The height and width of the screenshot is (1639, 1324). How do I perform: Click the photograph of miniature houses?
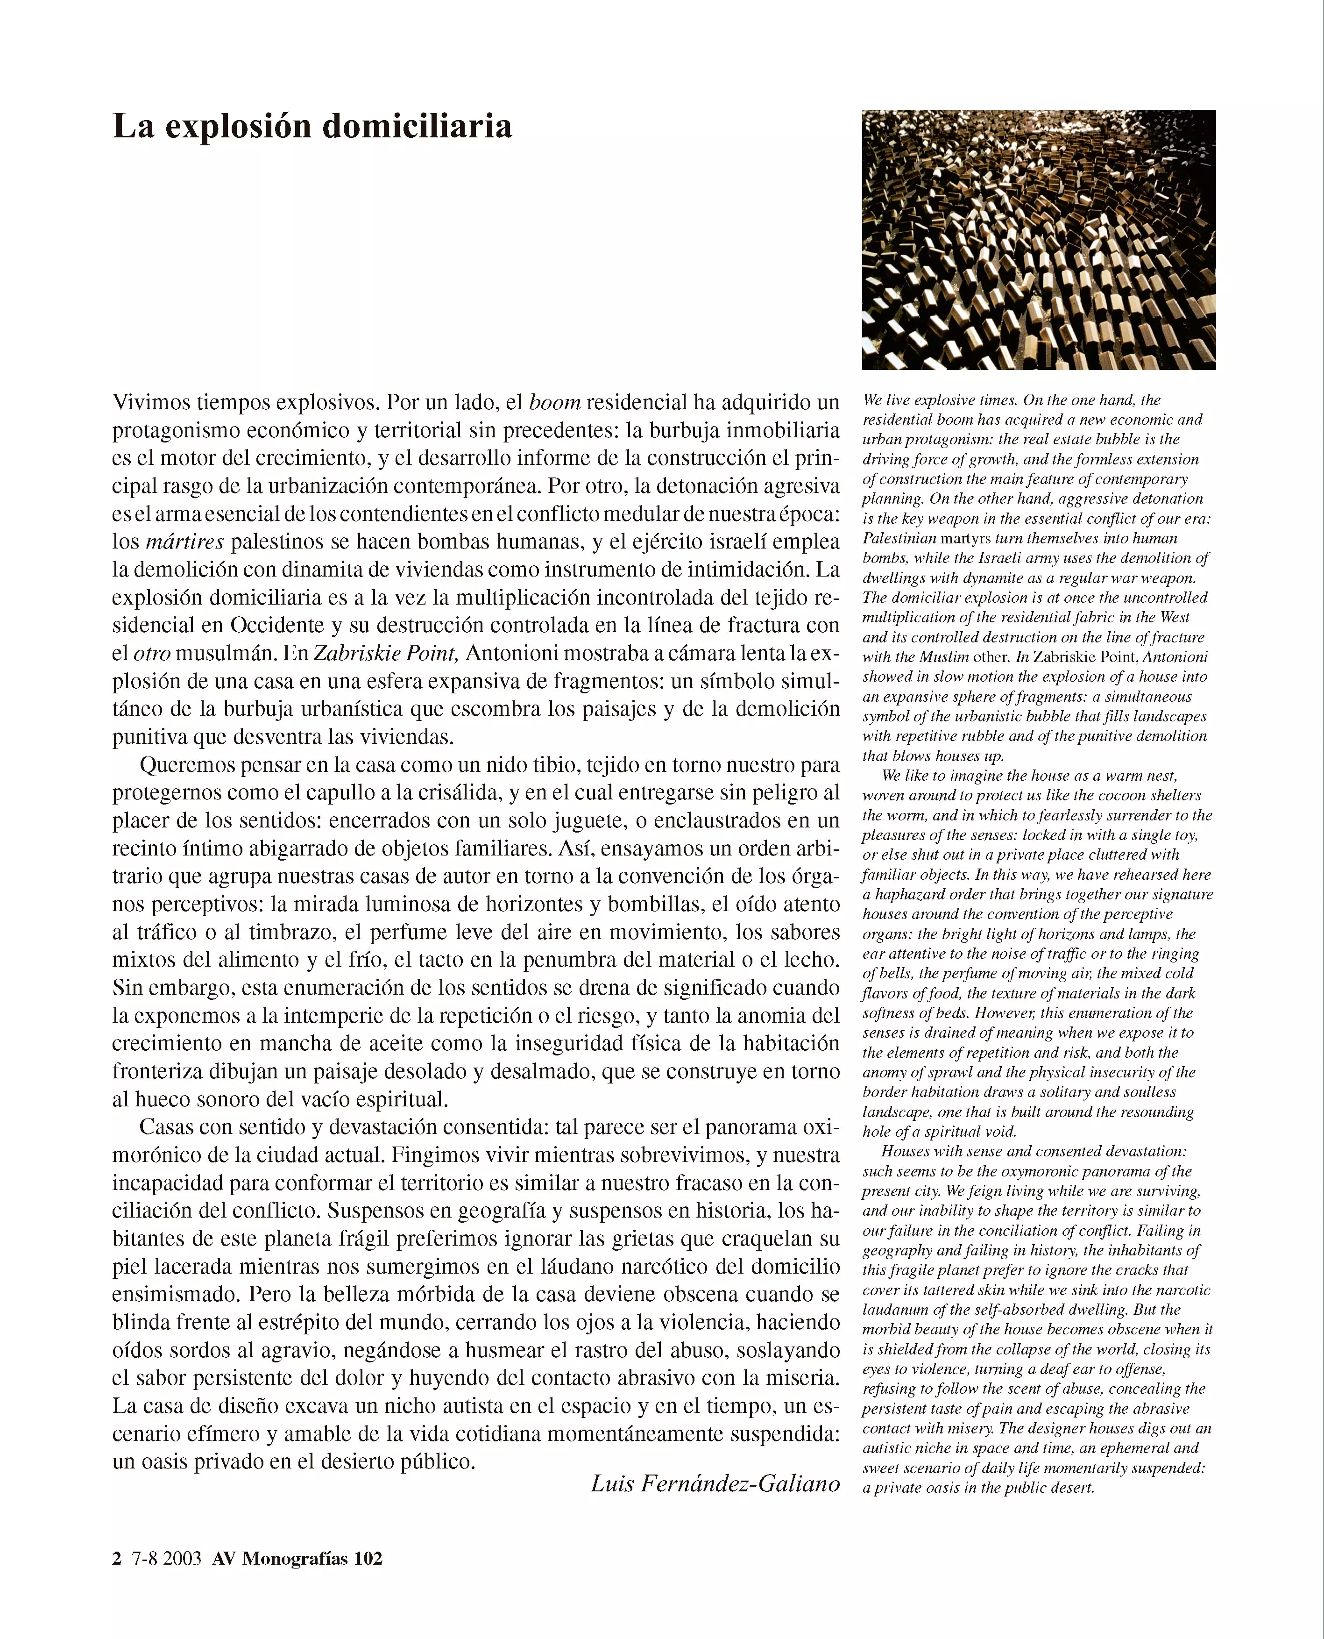[x=1038, y=240]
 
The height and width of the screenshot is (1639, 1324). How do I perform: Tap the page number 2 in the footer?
[x=117, y=1558]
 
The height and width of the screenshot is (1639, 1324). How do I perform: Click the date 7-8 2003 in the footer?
[x=166, y=1558]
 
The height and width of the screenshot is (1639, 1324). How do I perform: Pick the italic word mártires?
[x=184, y=542]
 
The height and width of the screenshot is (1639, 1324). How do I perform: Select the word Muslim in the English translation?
[x=944, y=657]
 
